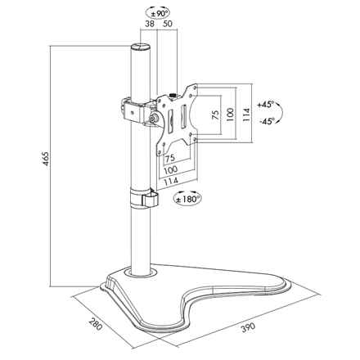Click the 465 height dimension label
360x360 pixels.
(46, 159)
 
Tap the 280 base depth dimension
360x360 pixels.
(96, 323)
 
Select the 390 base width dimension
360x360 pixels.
(248, 327)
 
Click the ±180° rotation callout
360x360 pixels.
(187, 199)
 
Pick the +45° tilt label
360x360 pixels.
(265, 104)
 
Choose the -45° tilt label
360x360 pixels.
(268, 121)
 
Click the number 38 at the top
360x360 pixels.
(150, 24)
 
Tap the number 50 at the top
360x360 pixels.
(168, 24)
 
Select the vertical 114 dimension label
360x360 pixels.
(246, 115)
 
